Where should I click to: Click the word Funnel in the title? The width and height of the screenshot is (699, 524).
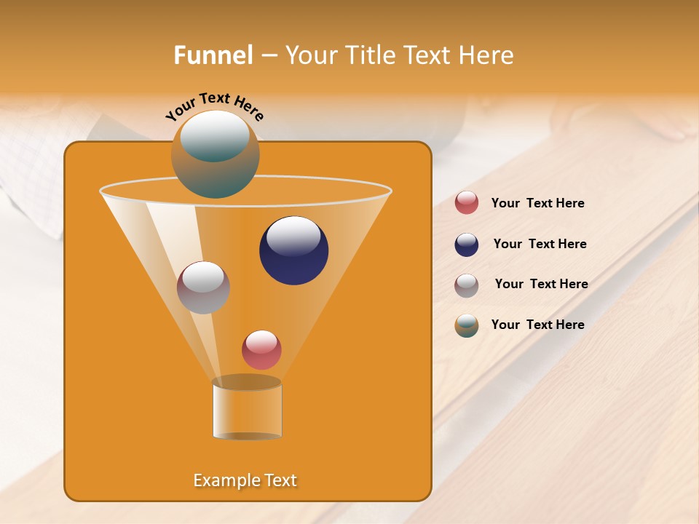[213, 55]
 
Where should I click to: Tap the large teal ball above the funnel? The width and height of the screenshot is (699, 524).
[216, 154]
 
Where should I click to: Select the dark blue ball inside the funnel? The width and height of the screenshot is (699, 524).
[293, 250]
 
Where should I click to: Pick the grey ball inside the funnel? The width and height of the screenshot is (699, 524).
[203, 287]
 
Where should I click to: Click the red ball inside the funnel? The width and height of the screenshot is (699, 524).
[261, 350]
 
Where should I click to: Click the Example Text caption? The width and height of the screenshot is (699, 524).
[245, 480]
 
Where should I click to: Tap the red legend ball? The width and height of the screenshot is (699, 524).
[467, 203]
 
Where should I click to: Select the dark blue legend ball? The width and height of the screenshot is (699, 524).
[467, 245]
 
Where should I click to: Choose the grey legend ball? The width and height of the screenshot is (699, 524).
[467, 285]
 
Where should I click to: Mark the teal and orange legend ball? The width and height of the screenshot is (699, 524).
[467, 325]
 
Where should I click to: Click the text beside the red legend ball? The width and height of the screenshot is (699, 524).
[537, 204]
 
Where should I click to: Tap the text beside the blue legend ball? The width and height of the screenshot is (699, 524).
[540, 245]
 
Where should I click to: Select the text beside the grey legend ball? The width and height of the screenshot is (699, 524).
[541, 285]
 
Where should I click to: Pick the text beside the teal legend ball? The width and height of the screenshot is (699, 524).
[537, 325]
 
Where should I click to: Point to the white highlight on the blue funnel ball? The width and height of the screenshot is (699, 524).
[293, 237]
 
